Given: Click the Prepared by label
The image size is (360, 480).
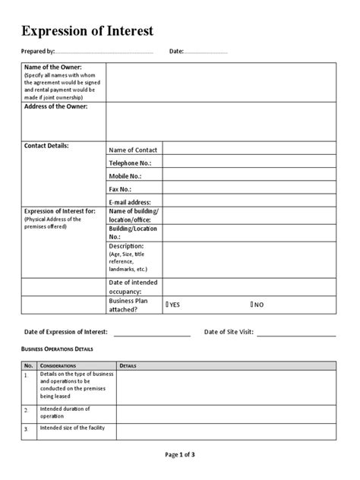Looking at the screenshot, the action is [x=38, y=52].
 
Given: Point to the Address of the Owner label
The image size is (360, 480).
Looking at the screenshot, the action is [x=56, y=107].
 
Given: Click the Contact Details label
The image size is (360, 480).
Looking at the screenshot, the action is [x=47, y=145].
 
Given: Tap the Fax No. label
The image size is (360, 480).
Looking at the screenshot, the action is [x=120, y=188].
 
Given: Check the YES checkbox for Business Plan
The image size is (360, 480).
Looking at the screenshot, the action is [x=167, y=305].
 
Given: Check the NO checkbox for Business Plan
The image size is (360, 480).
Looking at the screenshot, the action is [x=252, y=305].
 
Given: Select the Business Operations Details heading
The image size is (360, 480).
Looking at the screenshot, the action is [x=56, y=349].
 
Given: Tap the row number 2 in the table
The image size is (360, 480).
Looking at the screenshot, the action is [x=25, y=410].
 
